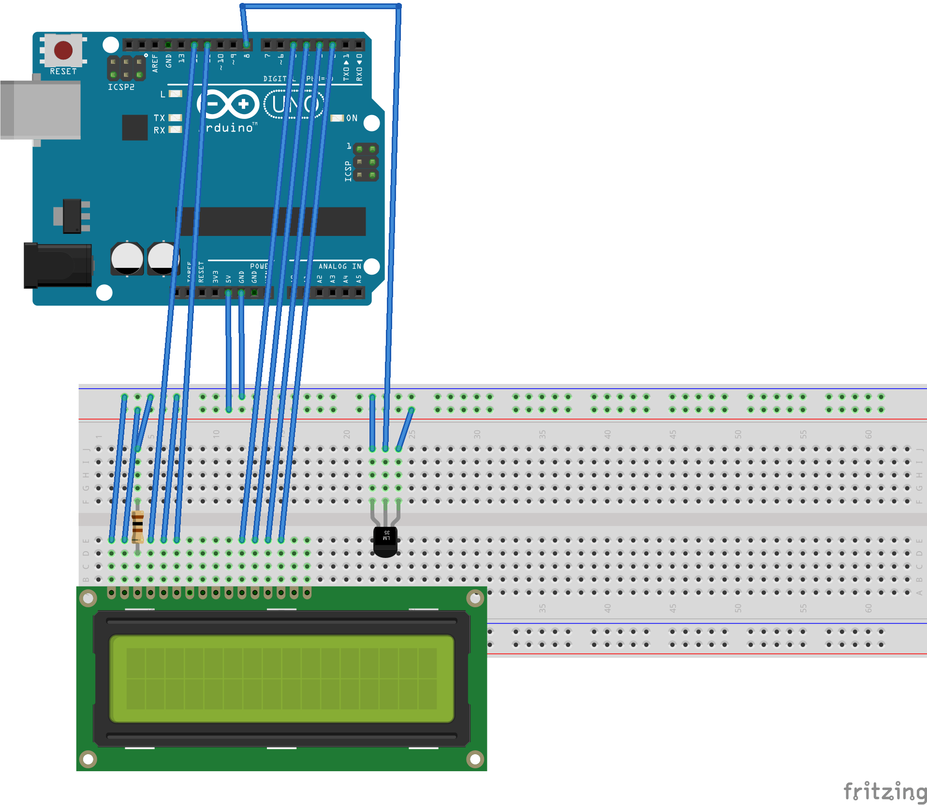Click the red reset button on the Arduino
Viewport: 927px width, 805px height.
[x=63, y=50]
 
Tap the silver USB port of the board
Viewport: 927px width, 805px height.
[x=41, y=110]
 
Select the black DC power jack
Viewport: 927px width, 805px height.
[x=58, y=265]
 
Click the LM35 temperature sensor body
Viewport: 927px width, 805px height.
[x=385, y=541]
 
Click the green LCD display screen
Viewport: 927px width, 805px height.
[x=281, y=679]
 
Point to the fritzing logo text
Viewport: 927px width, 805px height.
[x=884, y=791]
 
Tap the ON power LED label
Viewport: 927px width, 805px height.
[x=352, y=118]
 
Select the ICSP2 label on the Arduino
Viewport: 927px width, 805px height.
[x=121, y=87]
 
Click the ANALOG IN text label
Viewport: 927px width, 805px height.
[x=339, y=266]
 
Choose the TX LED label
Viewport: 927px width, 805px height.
[x=160, y=118]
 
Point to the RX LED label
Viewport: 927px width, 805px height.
[x=160, y=131]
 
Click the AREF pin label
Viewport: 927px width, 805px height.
[x=155, y=63]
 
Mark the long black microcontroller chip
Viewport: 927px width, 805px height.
[x=271, y=221]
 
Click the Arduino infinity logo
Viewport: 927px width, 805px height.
[x=228, y=104]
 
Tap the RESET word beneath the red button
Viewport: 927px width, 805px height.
[x=63, y=72]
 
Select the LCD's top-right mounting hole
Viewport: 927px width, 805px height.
[x=475, y=599]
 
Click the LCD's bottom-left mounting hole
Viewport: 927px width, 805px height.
[x=88, y=759]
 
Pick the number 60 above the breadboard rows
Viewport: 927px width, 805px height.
[x=868, y=434]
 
